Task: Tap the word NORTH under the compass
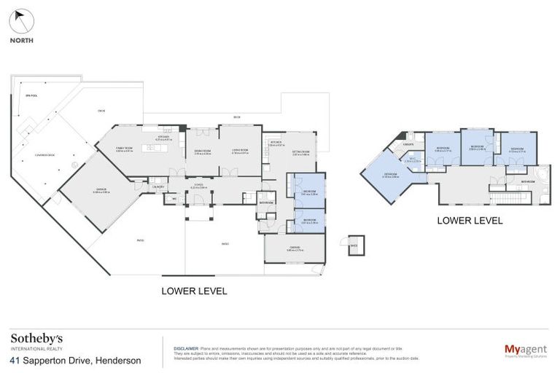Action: point(22,41)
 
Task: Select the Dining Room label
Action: point(202,152)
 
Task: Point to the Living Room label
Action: point(240,152)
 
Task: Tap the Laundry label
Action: point(157,187)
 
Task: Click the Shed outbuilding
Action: point(355,246)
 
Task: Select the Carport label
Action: point(295,249)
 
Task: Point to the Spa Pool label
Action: point(31,95)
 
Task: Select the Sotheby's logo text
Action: point(36,339)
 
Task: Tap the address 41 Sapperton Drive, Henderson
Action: point(76,360)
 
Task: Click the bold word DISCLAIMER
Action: point(182,348)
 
